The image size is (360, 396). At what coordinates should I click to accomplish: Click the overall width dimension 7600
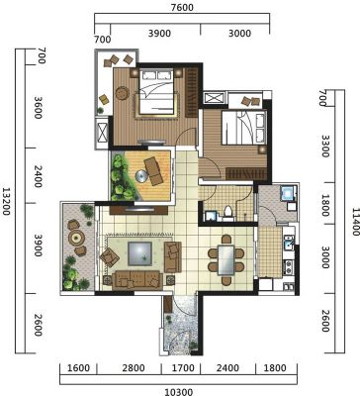tap(182, 7)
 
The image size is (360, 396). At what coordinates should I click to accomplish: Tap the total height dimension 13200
tap(6, 202)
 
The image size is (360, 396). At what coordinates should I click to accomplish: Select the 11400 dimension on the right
tap(355, 222)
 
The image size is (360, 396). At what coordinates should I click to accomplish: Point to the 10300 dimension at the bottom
tap(178, 392)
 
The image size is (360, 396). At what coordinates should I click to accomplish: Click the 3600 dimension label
tap(38, 108)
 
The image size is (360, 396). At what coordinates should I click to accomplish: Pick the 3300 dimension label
tap(324, 146)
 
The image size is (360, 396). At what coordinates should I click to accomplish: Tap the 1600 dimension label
tap(78, 367)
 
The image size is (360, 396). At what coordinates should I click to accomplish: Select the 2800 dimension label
tap(134, 367)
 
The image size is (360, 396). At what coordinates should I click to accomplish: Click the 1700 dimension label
tap(183, 367)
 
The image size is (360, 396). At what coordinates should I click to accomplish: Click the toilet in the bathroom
tap(227, 213)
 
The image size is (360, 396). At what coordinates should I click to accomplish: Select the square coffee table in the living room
tap(140, 253)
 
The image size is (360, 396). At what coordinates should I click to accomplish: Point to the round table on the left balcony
tap(77, 237)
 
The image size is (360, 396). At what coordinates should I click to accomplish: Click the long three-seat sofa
tap(136, 280)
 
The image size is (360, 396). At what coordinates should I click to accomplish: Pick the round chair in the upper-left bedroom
tap(123, 93)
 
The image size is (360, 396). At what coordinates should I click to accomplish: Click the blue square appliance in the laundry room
tap(287, 193)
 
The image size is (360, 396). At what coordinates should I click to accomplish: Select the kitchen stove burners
tap(289, 267)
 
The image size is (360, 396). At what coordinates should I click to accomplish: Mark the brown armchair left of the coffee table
tap(110, 257)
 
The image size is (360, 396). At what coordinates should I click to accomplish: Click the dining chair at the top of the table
tap(226, 239)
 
